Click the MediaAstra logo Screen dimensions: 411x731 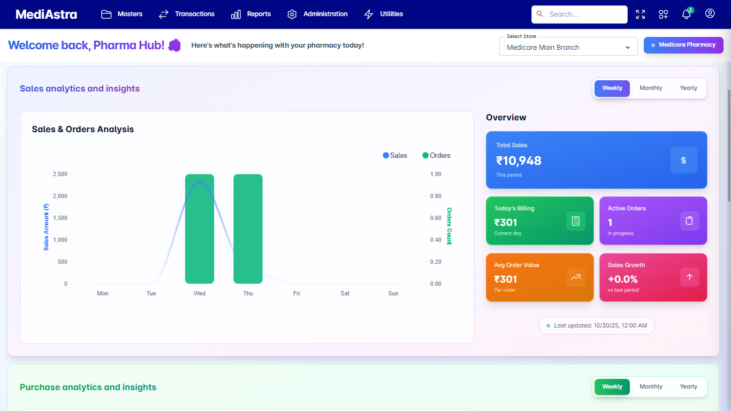pyautogui.click(x=47, y=14)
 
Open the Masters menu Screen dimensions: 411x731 pyautogui.click(x=122, y=14)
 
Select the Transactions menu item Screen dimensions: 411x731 pyautogui.click(x=187, y=14)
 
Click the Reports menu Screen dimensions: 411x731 pyautogui.click(x=251, y=14)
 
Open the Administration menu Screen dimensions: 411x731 pyautogui.click(x=317, y=14)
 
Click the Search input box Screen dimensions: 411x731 pyautogui.click(x=580, y=14)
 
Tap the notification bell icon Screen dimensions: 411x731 pyautogui.click(x=687, y=14)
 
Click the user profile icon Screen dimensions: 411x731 pyautogui.click(x=710, y=14)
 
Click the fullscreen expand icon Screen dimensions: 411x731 pyautogui.click(x=641, y=14)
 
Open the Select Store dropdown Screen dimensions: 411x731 pyautogui.click(x=569, y=47)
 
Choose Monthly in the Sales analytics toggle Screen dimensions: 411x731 pyautogui.click(x=651, y=88)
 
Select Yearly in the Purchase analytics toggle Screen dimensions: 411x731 pyautogui.click(x=688, y=387)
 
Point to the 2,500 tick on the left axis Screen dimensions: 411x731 pyautogui.click(x=60, y=174)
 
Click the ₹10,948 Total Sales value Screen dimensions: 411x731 pyautogui.click(x=519, y=161)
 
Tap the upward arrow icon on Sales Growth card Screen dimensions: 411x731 pyautogui.click(x=689, y=277)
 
